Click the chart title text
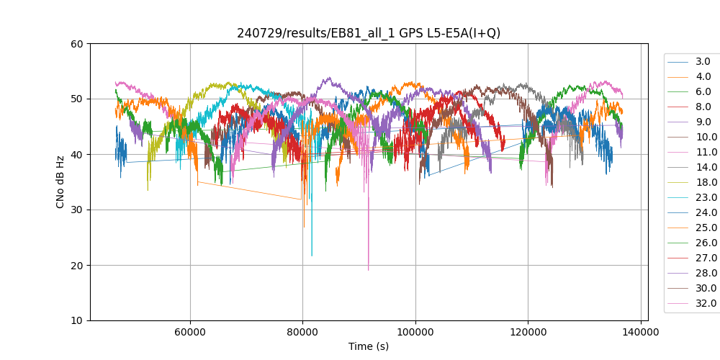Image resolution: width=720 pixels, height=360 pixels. (369, 33)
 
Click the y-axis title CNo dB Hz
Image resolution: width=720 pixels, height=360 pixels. (60, 182)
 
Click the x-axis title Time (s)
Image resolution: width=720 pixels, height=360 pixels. (369, 346)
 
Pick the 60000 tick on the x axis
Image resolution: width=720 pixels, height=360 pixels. (190, 332)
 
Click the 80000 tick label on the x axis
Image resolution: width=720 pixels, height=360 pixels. (302, 332)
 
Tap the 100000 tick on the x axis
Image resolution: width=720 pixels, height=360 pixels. (415, 332)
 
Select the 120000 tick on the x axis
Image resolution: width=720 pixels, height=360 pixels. (528, 332)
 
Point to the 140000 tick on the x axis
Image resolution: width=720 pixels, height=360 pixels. (641, 332)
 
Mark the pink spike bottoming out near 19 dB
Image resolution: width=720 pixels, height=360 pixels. (369, 269)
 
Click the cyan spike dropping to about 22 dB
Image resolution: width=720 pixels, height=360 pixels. (312, 254)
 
